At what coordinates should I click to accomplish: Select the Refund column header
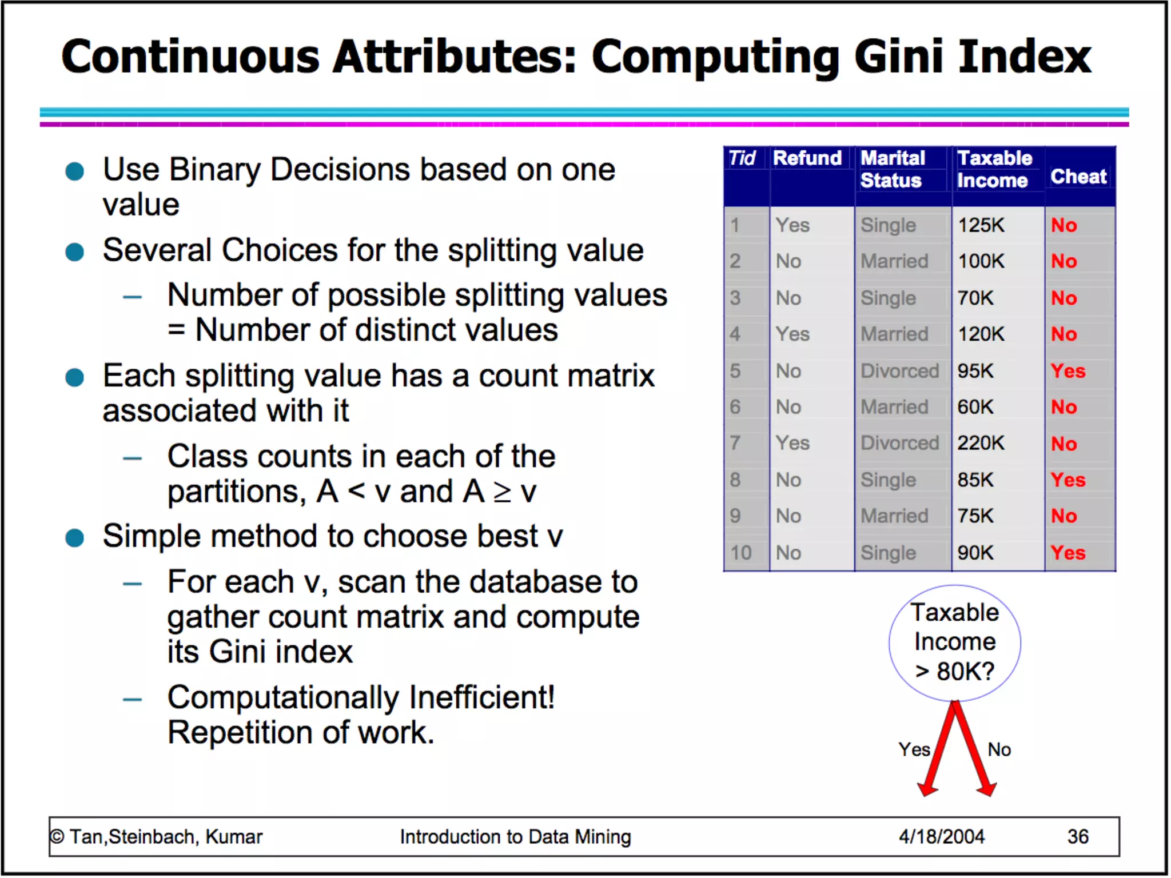807,158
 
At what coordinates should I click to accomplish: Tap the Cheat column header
1078,177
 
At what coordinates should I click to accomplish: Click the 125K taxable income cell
981,225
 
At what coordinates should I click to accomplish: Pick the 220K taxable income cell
981,443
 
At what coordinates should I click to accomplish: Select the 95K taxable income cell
975,371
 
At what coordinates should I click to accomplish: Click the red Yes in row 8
1068,480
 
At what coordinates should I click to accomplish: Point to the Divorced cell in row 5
899,371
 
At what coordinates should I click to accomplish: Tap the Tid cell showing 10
740,553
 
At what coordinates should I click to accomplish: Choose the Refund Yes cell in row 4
792,334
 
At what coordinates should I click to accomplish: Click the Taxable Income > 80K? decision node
954,642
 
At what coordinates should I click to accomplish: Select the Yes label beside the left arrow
914,749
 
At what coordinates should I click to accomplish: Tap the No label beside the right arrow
999,749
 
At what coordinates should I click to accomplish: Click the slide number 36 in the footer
1077,837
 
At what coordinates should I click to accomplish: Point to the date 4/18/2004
941,837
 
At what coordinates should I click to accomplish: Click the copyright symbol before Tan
57,837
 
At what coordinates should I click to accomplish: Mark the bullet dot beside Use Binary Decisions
75,171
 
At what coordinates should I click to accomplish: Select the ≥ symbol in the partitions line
502,492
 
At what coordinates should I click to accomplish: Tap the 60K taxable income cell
975,407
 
